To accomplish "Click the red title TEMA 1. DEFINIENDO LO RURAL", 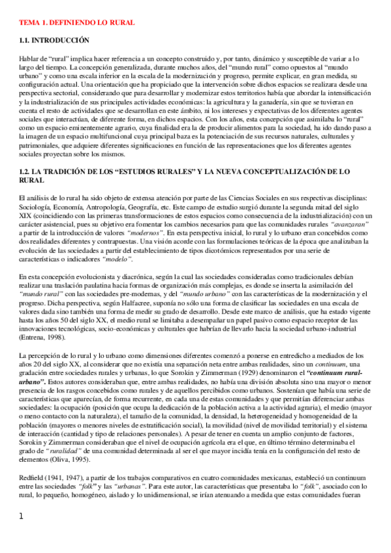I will (x=77, y=23).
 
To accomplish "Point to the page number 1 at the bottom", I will (x=22, y=535).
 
